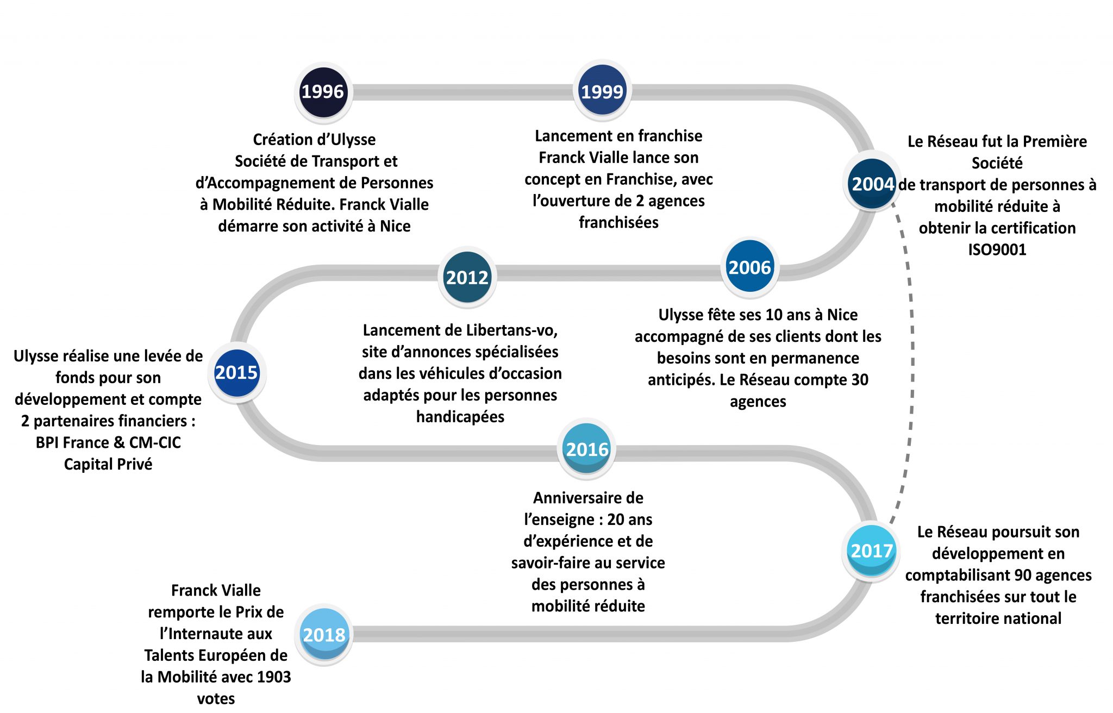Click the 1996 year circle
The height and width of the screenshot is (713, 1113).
pyautogui.click(x=323, y=92)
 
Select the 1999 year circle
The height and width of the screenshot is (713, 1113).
pyautogui.click(x=602, y=91)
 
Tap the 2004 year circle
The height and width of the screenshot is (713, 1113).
pyautogui.click(x=872, y=184)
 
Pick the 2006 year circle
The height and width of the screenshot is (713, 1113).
pyautogui.click(x=750, y=267)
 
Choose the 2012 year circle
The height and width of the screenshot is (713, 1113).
pyautogui.click(x=467, y=277)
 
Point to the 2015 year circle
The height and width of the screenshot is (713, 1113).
pyautogui.click(x=237, y=372)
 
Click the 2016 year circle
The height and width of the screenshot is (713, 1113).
pyautogui.click(x=587, y=449)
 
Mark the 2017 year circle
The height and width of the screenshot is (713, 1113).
pyautogui.click(x=872, y=551)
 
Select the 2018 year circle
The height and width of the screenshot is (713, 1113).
pyautogui.click(x=324, y=634)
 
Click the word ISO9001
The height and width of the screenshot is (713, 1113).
pyautogui.click(x=997, y=249)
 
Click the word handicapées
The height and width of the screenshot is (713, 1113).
pyautogui.click(x=460, y=417)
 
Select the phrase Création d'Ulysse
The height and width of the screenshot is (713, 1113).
pyautogui.click(x=314, y=140)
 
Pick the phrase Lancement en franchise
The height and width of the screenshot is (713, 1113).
pyautogui.click(x=618, y=136)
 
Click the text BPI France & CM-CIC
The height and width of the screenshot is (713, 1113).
pyautogui.click(x=108, y=442)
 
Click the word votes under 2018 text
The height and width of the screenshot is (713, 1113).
pyautogui.click(x=216, y=699)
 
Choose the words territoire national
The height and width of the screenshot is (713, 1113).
pyautogui.click(x=998, y=618)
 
